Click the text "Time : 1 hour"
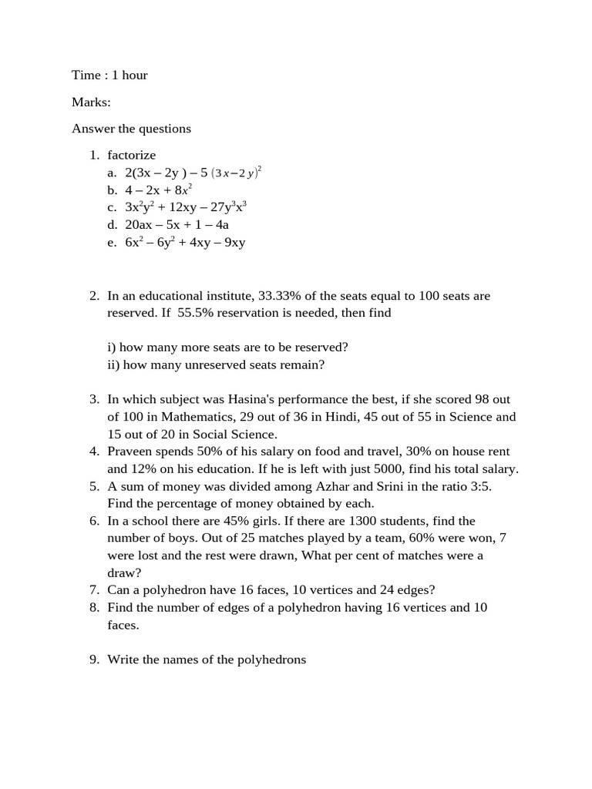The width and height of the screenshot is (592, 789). (109, 75)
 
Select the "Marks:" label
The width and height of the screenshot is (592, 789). (92, 102)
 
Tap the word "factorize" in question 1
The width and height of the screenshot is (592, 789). (132, 155)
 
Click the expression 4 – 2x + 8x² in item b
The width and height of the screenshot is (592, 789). (158, 190)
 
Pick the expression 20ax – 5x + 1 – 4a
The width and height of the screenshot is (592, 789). (177, 225)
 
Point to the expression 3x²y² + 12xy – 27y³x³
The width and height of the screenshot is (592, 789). (185, 207)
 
